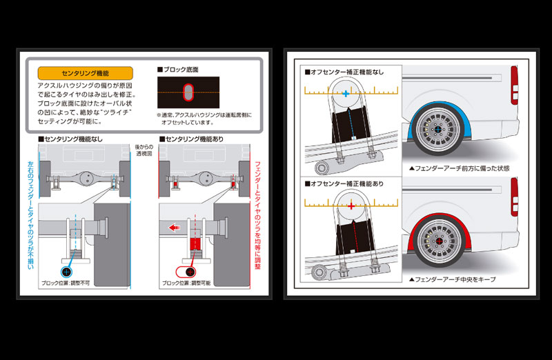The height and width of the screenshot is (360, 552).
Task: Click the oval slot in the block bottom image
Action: point(189,92)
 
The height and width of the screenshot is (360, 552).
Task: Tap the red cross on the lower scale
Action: point(351,206)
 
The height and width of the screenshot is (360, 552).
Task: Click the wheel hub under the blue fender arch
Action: point(437,130)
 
